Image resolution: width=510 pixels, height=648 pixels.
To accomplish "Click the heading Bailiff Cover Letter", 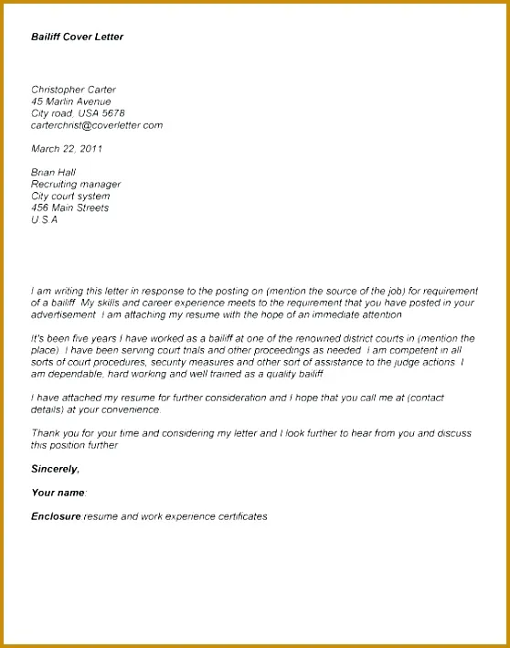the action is click(x=78, y=37).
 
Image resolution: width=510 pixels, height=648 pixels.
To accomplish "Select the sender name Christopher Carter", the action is click(x=74, y=90).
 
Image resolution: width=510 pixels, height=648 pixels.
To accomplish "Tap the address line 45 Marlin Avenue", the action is click(x=71, y=101).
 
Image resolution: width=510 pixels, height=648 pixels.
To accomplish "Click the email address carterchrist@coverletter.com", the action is click(x=97, y=125).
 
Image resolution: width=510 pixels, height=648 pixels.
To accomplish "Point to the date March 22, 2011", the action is click(x=67, y=148).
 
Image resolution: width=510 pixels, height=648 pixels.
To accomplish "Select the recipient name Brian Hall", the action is click(x=54, y=172).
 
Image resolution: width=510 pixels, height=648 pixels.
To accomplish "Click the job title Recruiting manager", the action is click(x=76, y=184).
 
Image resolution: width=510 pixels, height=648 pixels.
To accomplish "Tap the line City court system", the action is click(x=70, y=196).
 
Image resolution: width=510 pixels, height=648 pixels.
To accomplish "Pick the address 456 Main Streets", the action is click(x=69, y=207).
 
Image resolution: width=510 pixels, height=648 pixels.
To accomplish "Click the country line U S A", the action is click(x=44, y=219).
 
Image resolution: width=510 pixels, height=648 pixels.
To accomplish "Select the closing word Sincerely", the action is click(x=55, y=469).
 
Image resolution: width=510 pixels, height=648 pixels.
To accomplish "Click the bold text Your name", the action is click(x=58, y=493).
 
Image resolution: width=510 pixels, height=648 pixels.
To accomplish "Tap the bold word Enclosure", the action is click(x=57, y=516).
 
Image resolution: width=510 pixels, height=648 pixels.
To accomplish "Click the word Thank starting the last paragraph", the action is click(x=45, y=433).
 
